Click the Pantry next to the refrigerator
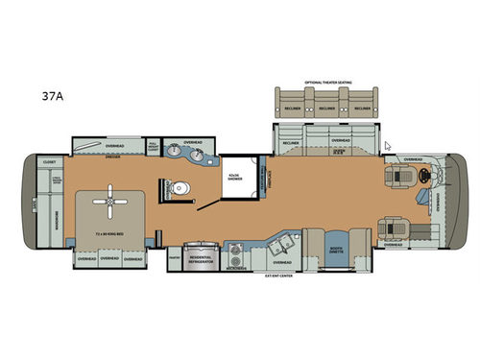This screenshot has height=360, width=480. (174, 256)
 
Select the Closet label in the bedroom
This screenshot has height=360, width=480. (50, 163)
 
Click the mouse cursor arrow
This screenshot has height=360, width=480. (386, 146)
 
